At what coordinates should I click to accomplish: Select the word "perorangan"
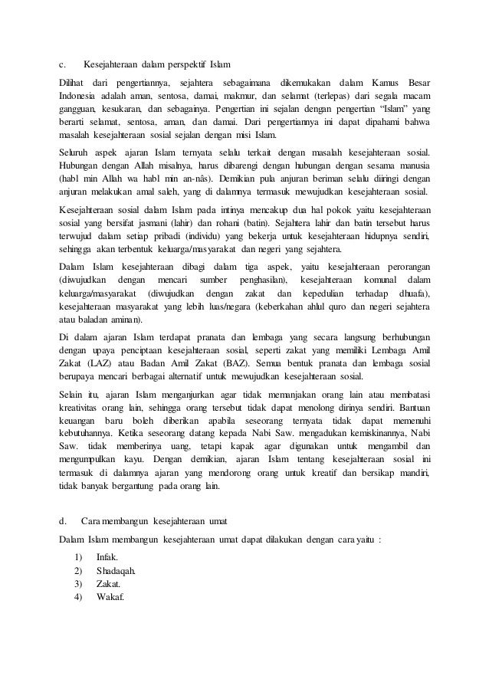pyautogui.click(x=404, y=266)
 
